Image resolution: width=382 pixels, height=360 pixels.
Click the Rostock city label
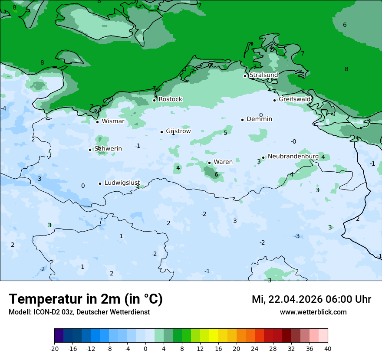[170, 99]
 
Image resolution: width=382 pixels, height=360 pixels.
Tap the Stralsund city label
[263, 75]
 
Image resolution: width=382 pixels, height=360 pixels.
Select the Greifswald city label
[295, 99]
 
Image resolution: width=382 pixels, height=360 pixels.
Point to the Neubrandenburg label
[293, 156]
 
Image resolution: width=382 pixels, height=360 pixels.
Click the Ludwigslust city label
[122, 183]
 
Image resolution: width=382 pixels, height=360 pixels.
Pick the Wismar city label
[113, 121]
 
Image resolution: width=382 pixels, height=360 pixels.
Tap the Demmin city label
[259, 119]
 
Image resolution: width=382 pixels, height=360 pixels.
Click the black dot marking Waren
[209, 163]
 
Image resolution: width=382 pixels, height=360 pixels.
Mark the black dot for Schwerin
[90, 150]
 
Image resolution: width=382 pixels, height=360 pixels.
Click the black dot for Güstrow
[161, 132]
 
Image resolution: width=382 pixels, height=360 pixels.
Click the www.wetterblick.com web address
[313, 312]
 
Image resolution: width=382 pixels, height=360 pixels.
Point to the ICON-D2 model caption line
[79, 312]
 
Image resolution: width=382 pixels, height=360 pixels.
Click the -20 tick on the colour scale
[54, 348]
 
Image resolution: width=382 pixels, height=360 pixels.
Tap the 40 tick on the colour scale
[328, 348]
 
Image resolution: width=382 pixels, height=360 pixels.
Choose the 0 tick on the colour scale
[145, 348]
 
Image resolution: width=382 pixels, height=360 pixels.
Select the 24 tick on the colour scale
[255, 348]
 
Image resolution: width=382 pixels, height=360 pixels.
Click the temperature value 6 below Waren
[216, 175]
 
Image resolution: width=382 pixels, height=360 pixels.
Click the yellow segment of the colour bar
[214, 336]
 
